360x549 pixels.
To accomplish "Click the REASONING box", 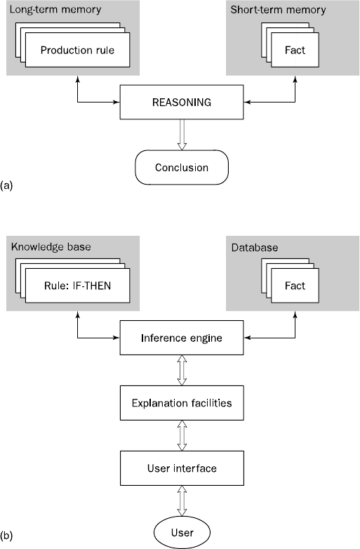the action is (182, 102).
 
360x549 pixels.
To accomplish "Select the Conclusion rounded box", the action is (182, 167).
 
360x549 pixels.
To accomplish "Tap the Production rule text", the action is (77, 51).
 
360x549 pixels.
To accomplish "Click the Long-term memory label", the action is (55, 9).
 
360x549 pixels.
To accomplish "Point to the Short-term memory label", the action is (278, 10).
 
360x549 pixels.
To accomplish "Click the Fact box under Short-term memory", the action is (295, 50).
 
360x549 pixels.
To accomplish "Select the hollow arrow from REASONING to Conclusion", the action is (182, 135).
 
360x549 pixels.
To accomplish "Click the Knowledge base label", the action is (51, 247).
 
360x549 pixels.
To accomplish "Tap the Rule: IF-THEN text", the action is (77, 286).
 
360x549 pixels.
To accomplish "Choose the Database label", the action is (255, 248).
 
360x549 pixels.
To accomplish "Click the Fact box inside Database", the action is (295, 286).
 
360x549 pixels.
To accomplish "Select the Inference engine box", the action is (182, 338).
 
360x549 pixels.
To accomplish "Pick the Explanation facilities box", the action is (182, 403).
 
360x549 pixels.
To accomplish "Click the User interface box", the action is (182, 468).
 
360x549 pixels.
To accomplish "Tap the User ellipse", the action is (182, 533).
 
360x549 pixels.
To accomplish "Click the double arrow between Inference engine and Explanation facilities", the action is (182, 371).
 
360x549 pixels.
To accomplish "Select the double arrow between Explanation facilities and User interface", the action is (182, 435).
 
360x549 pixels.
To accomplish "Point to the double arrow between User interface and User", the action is (182, 501).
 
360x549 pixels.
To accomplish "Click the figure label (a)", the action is (6, 185).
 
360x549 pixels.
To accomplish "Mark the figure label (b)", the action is (6, 536).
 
